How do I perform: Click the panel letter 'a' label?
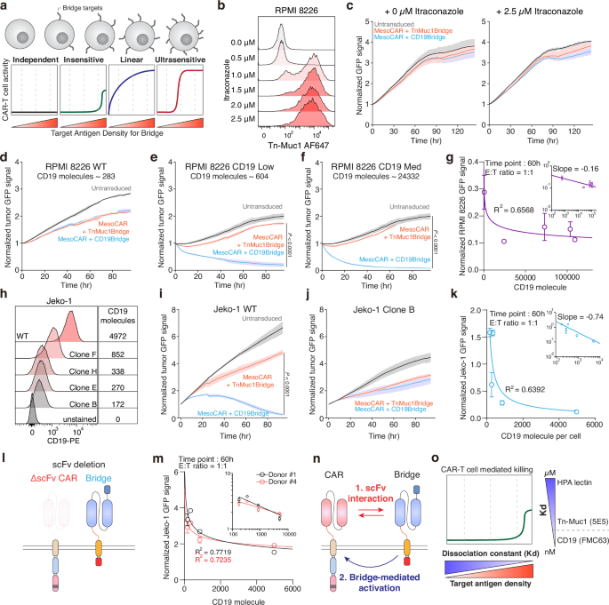tap(5, 7)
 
